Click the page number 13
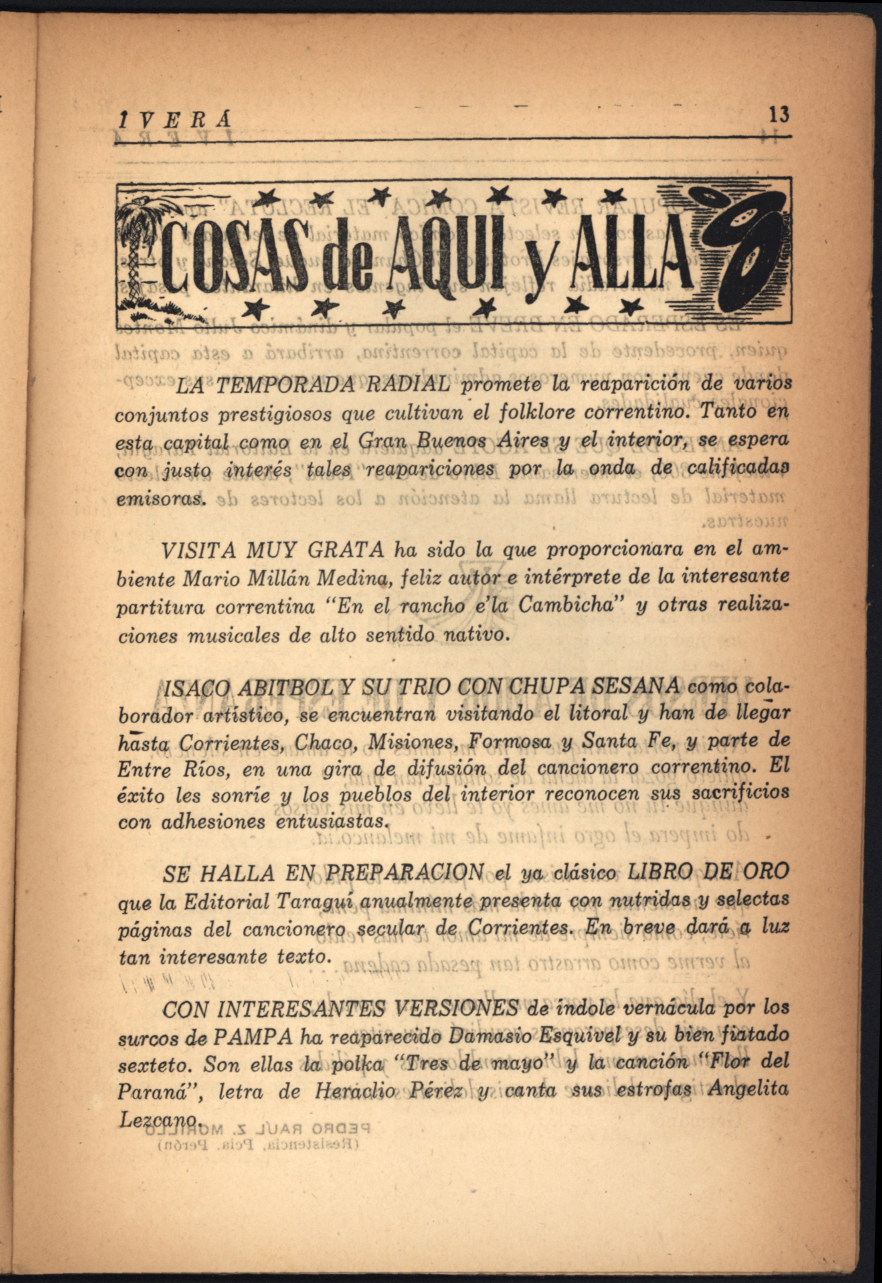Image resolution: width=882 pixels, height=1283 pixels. (x=778, y=115)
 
